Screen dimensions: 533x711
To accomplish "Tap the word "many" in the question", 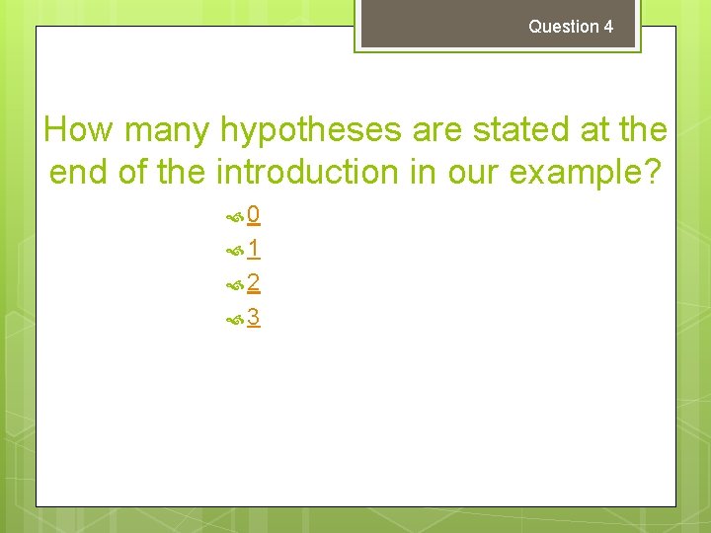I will pyautogui.click(x=172, y=129).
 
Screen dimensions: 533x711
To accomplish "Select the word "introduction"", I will pyautogui.click(x=308, y=173).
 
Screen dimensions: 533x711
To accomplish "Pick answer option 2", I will pyautogui.click(x=254, y=284).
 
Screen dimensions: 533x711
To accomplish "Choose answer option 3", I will pyautogui.click(x=254, y=318).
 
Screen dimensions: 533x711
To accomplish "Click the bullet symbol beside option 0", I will pyautogui.click(x=235, y=216).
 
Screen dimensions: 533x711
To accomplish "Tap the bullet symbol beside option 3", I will pyautogui.click(x=235, y=319).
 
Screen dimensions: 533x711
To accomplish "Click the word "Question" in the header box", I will pyautogui.click(x=563, y=27).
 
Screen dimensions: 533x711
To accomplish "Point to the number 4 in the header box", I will pyautogui.click(x=608, y=27).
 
